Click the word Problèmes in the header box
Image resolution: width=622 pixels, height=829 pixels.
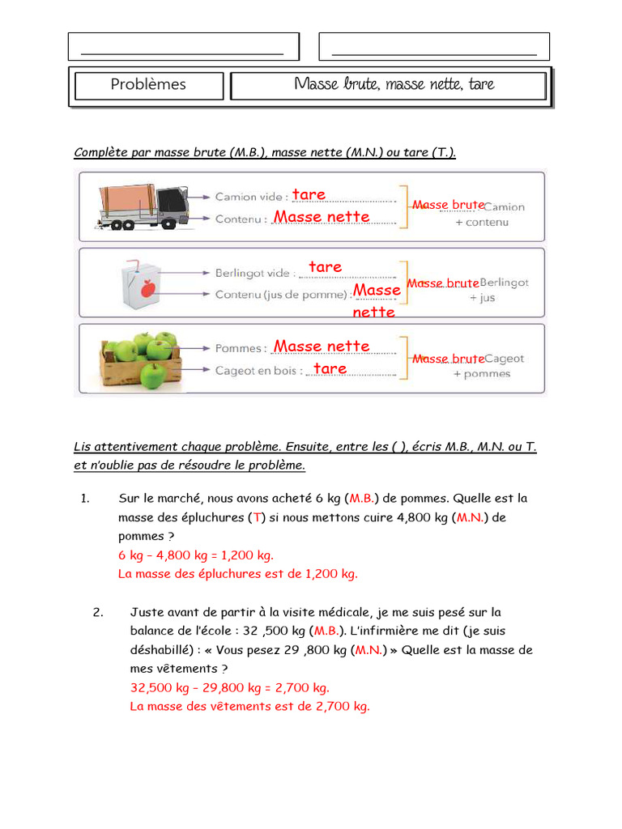(147, 84)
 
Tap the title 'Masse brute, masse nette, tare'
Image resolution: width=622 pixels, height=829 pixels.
(394, 84)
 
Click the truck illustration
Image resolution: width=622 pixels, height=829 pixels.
(143, 206)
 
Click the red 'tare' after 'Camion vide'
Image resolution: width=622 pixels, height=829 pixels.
(309, 194)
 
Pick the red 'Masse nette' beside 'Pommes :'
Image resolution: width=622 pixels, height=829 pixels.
(322, 346)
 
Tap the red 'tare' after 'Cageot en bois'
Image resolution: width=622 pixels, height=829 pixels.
(330, 369)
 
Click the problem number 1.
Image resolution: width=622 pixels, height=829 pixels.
(84, 499)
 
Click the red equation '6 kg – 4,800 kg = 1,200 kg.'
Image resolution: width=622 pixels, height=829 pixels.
(196, 555)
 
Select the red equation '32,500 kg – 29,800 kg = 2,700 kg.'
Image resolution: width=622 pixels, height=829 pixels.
(230, 688)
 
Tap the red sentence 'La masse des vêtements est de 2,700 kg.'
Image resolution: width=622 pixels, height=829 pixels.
(249, 707)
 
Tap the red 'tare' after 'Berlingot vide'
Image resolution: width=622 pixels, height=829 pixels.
(325, 267)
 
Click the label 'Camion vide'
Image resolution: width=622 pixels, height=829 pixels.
(250, 197)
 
